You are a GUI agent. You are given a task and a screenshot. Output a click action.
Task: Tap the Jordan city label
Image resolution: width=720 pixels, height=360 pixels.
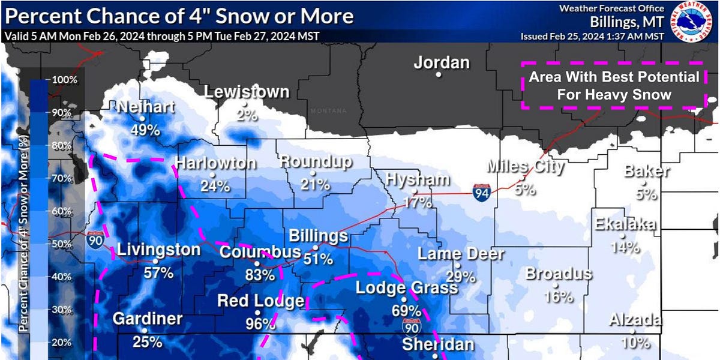tap(442, 62)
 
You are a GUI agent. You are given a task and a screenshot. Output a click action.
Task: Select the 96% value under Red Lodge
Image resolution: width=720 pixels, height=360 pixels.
tap(260, 324)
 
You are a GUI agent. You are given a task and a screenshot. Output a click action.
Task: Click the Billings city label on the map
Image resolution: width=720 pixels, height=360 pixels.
tap(318, 236)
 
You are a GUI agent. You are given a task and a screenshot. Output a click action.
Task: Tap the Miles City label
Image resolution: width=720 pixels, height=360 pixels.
tap(526, 166)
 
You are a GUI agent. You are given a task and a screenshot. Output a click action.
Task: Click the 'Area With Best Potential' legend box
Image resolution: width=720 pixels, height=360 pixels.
tap(613, 85)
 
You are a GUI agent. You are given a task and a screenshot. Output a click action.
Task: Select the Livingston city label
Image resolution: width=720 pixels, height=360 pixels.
tap(158, 250)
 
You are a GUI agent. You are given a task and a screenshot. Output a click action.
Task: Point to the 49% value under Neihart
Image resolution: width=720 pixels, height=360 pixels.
tap(145, 130)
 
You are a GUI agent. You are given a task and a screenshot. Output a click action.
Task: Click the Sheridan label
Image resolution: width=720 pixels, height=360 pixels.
tap(437, 344)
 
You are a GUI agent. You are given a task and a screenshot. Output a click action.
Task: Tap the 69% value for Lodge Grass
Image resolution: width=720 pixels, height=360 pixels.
tap(406, 310)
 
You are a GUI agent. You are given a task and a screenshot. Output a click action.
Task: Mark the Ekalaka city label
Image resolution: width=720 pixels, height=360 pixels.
tap(625, 224)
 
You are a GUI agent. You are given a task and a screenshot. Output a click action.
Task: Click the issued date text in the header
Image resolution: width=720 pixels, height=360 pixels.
tap(592, 36)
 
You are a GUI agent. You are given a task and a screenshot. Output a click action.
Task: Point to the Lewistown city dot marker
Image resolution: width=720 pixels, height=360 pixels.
tap(245, 103)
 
